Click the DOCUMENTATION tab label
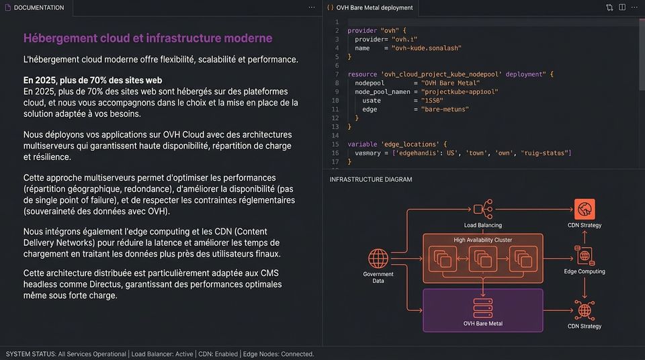tap(39, 8)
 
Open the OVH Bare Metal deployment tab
tap(374, 8)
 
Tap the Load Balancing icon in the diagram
tap(483, 210)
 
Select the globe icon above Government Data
tap(378, 259)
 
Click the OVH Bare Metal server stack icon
tap(483, 308)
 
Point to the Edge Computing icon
tap(585, 255)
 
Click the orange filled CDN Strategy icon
tap(585, 210)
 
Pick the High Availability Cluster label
tap(483, 240)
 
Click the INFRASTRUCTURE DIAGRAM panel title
tap(371, 179)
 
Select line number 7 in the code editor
tap(337, 75)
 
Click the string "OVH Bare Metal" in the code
tap(450, 83)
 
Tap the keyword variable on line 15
tap(362, 144)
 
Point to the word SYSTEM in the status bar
tap(19, 354)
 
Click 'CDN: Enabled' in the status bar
tap(218, 354)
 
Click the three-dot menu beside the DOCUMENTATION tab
tap(312, 7)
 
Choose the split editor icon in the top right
tap(622, 7)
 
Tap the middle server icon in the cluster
tap(483, 259)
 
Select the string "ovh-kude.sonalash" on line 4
tap(427, 48)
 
